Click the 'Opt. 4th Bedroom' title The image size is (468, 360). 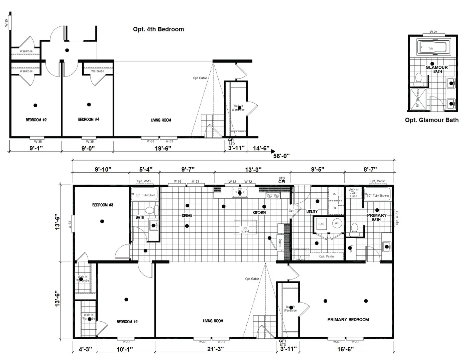[x=158, y=29]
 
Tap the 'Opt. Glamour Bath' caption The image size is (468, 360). [x=432, y=120]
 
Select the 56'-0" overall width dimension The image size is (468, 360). [x=281, y=156]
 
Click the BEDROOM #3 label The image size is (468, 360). [x=103, y=205]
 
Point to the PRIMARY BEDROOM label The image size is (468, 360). [x=348, y=320]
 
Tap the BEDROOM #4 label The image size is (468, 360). [x=89, y=120]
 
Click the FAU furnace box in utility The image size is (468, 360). [x=321, y=224]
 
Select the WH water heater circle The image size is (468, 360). [x=337, y=223]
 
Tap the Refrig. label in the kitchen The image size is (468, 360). [x=280, y=242]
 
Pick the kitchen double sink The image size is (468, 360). [x=240, y=193]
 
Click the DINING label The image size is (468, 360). [x=187, y=216]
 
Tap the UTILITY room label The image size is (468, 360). [x=312, y=212]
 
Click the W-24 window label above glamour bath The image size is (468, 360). [x=433, y=32]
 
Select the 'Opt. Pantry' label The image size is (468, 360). [x=327, y=256]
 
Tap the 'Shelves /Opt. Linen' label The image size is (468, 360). [x=353, y=193]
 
